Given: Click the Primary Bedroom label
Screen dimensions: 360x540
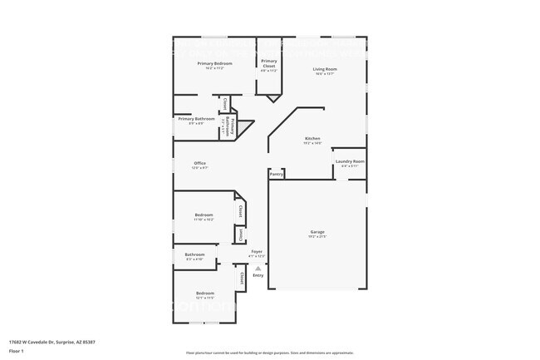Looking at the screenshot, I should [x=214, y=63].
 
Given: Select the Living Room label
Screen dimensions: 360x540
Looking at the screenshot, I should [x=324, y=69].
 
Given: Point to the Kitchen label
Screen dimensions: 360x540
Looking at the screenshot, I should [x=312, y=139].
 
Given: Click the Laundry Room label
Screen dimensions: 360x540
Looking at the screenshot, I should [x=349, y=161].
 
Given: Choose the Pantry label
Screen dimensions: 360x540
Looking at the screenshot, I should [x=277, y=175].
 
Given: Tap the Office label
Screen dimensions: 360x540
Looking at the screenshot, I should [x=199, y=163].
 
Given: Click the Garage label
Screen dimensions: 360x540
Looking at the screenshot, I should [x=317, y=232].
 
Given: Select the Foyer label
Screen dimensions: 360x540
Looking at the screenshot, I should [x=258, y=251].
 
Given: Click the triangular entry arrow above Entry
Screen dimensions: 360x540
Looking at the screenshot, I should [x=258, y=269].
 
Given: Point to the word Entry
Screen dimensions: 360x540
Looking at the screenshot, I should [x=258, y=275].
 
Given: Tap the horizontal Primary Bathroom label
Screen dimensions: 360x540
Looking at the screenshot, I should [x=196, y=119].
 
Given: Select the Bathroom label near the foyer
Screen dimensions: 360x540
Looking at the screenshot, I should [x=194, y=254].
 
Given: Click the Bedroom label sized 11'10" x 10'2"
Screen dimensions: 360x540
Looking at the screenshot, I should [x=204, y=215].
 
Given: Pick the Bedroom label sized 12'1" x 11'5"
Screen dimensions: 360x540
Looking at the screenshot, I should [x=204, y=293].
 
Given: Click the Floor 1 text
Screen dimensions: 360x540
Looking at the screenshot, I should [x=17, y=352].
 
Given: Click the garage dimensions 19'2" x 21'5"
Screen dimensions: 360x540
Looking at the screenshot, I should [x=317, y=237].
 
